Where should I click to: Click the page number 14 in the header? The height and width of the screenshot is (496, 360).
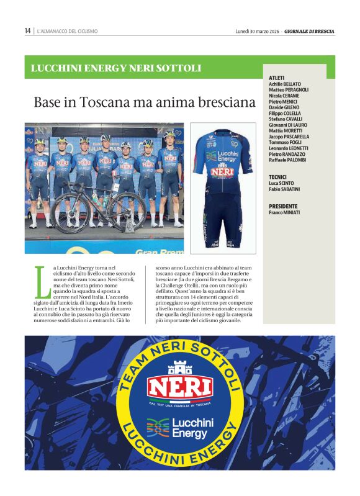(x=28, y=30)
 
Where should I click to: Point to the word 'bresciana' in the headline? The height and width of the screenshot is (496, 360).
(x=222, y=102)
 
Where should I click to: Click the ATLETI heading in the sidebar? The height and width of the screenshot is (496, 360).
(x=277, y=78)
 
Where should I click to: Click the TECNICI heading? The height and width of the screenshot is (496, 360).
(x=277, y=177)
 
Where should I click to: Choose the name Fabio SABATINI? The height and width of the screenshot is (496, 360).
(x=284, y=189)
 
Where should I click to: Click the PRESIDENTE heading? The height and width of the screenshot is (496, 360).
(x=283, y=206)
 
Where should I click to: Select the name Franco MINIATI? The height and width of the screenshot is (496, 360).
(x=284, y=212)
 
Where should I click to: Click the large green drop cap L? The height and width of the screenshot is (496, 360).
(x=42, y=282)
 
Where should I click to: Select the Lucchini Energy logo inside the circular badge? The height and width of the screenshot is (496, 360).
(x=179, y=428)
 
